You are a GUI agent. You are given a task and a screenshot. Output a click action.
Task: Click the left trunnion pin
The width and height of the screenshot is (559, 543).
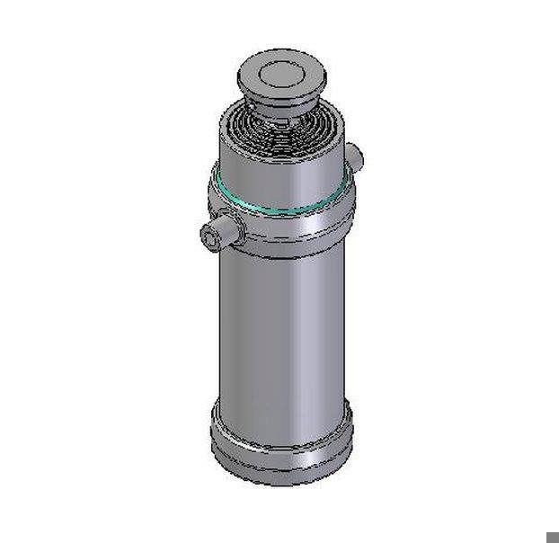point(222,234)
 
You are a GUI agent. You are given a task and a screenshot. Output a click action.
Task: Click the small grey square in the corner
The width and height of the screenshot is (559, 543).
point(553,537)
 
